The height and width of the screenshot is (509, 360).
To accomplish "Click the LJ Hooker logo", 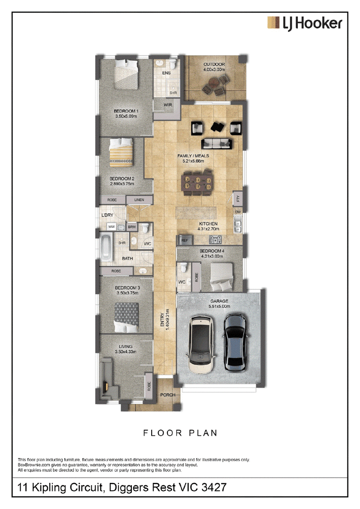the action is [305, 23].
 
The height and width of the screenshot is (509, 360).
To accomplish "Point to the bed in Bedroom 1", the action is [126, 73].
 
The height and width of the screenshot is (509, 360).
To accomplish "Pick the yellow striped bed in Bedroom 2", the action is [121, 152].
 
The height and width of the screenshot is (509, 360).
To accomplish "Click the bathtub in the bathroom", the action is [106, 247].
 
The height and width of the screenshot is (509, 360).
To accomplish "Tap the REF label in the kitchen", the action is [184, 240].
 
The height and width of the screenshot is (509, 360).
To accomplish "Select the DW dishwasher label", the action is [238, 212].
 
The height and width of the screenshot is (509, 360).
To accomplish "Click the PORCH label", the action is [167, 395].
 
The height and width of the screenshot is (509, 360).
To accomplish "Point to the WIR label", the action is [168, 105].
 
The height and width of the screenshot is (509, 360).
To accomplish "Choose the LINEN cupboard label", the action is [139, 200].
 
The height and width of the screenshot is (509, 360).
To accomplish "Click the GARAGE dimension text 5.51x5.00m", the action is [219, 306].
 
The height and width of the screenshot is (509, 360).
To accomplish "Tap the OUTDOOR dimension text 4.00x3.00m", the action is [214, 69].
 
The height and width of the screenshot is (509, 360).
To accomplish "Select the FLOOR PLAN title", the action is [180, 433].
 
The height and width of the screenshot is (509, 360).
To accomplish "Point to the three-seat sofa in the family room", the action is [217, 143].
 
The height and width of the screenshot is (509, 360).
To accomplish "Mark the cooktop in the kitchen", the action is [215, 240].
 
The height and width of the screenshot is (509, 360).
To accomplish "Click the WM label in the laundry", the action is [111, 226].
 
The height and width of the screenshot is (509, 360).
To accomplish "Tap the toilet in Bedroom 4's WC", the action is [184, 267].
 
